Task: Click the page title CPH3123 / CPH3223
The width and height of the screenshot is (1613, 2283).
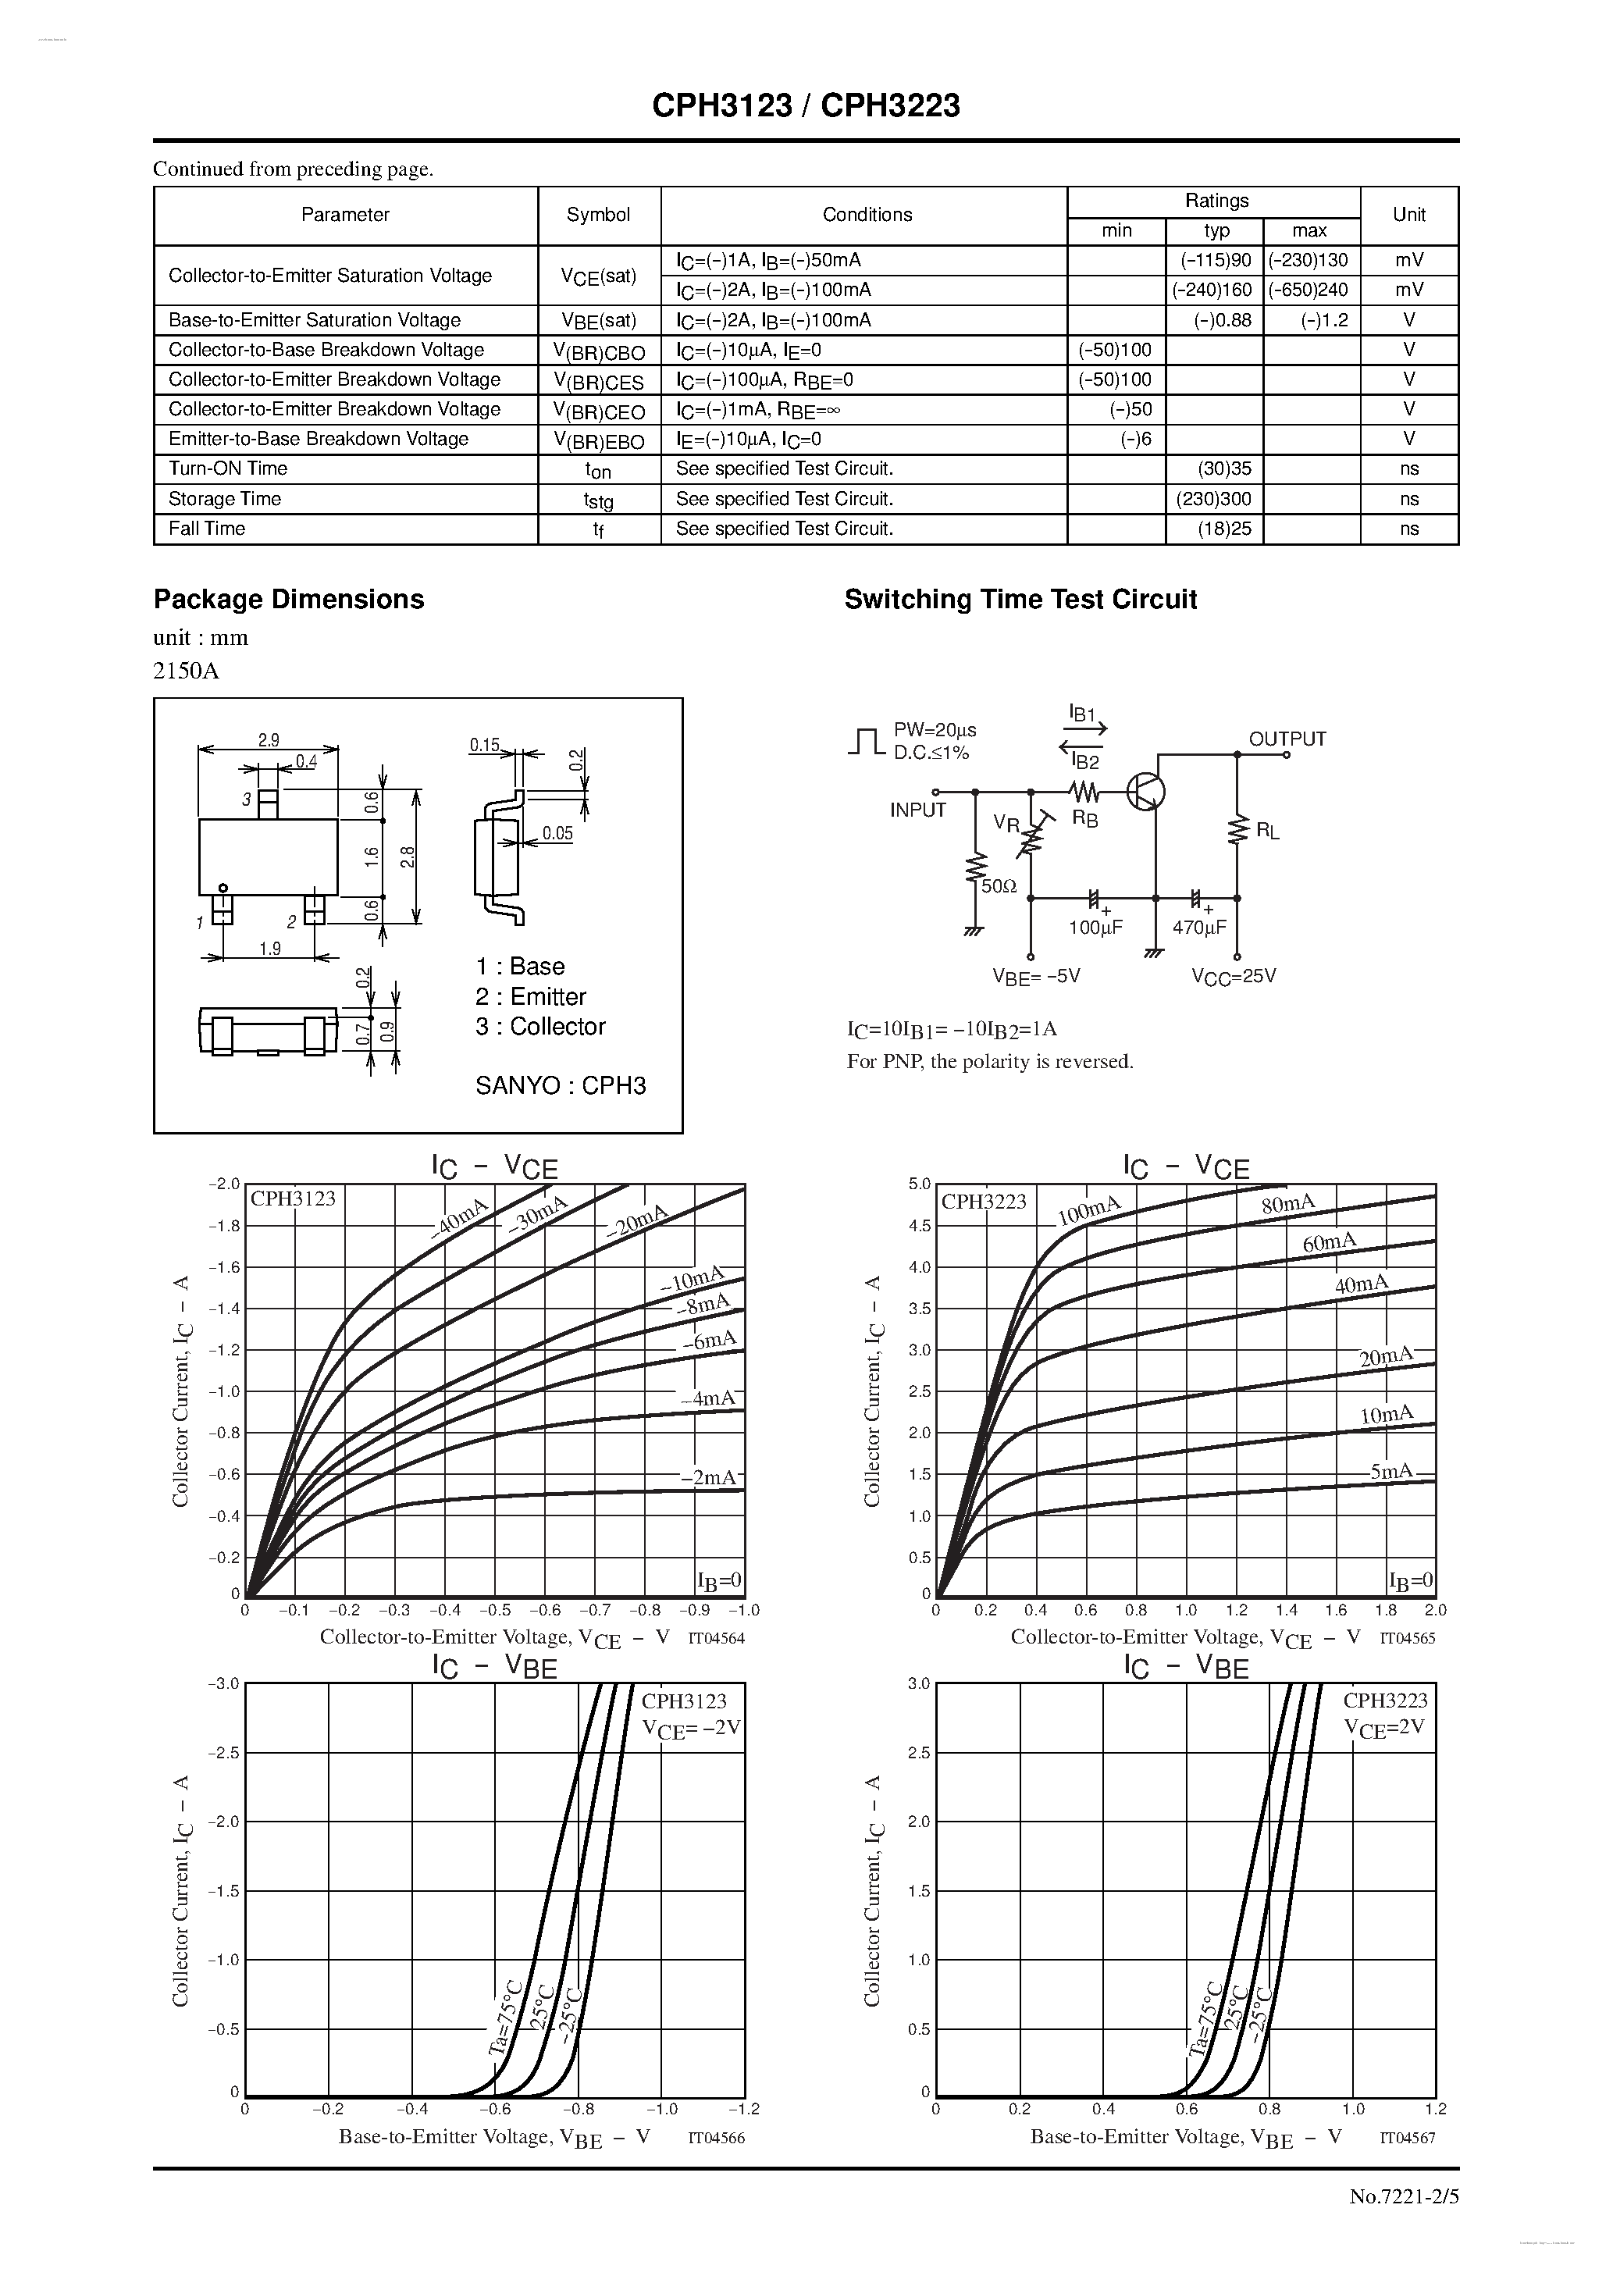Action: click(x=806, y=105)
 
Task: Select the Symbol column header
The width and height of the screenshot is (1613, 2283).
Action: click(x=598, y=215)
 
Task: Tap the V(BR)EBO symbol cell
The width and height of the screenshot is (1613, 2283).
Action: click(x=599, y=440)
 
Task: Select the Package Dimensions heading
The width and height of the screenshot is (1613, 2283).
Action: click(x=288, y=600)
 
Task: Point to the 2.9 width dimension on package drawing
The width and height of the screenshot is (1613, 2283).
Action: click(x=269, y=739)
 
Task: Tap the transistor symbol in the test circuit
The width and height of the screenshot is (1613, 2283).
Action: click(x=1145, y=792)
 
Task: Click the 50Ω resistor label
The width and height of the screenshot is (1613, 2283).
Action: click(x=999, y=887)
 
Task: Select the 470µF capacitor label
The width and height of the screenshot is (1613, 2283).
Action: click(x=1199, y=928)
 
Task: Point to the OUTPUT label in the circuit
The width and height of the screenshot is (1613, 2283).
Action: click(x=1287, y=739)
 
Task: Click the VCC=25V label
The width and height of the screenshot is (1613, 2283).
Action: click(x=1233, y=977)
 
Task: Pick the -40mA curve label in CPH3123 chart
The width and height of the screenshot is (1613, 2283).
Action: click(x=459, y=1217)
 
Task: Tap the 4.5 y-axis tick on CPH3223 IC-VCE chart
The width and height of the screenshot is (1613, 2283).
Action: click(x=919, y=1226)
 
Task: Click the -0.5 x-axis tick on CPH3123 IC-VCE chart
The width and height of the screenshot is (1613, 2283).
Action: click(x=494, y=1610)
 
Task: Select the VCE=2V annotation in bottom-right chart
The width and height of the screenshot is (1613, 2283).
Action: click(x=1384, y=1727)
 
